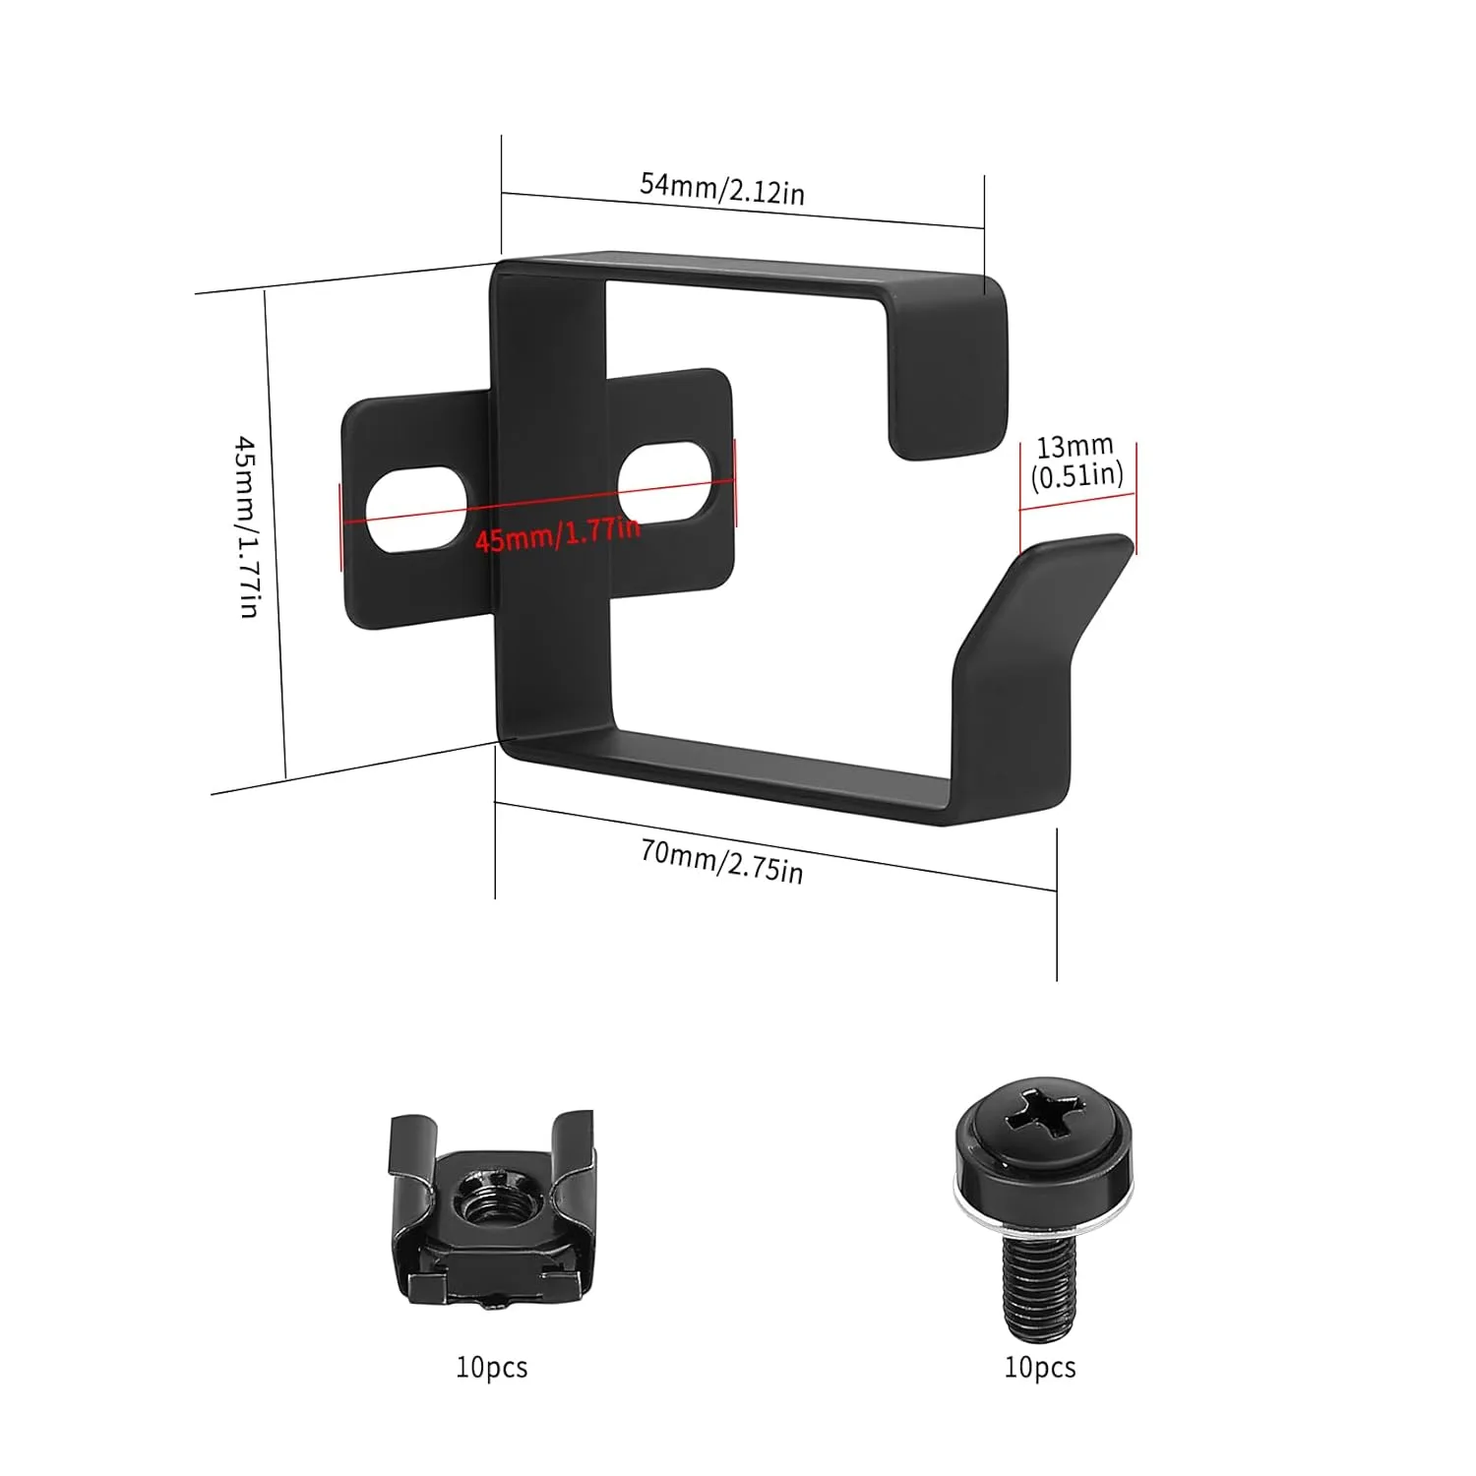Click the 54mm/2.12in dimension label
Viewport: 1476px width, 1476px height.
point(722,188)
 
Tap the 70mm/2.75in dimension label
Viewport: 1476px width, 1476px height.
point(721,862)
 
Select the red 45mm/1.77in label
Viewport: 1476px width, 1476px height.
point(557,534)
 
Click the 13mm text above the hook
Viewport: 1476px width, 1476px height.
point(1075,447)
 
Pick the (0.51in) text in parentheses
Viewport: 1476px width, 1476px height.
point(1076,476)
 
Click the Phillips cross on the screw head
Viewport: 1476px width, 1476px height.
point(1045,1130)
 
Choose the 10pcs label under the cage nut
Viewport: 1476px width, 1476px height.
point(492,1368)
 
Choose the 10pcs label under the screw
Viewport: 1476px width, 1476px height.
point(1040,1368)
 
